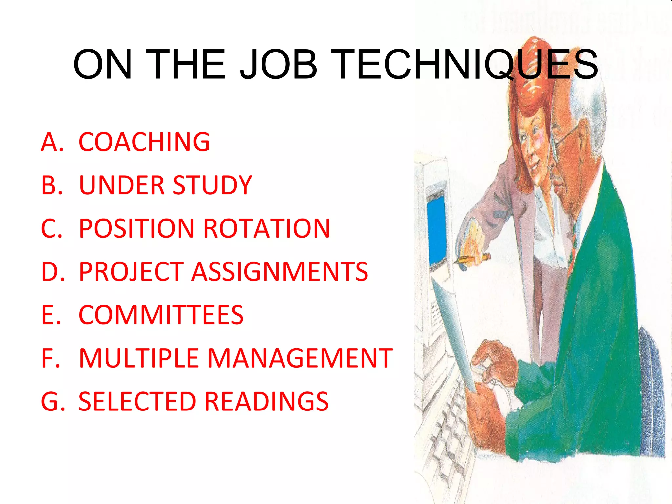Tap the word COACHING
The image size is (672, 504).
(x=144, y=142)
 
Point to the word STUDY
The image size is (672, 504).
(x=212, y=185)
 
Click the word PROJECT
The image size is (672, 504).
(x=131, y=272)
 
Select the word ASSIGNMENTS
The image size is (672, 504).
(x=280, y=272)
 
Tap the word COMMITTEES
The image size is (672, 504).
(x=161, y=315)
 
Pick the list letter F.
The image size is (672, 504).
(x=51, y=358)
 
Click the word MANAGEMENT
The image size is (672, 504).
(x=300, y=358)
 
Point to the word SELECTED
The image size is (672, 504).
(x=137, y=402)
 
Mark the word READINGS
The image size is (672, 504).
(x=266, y=402)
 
